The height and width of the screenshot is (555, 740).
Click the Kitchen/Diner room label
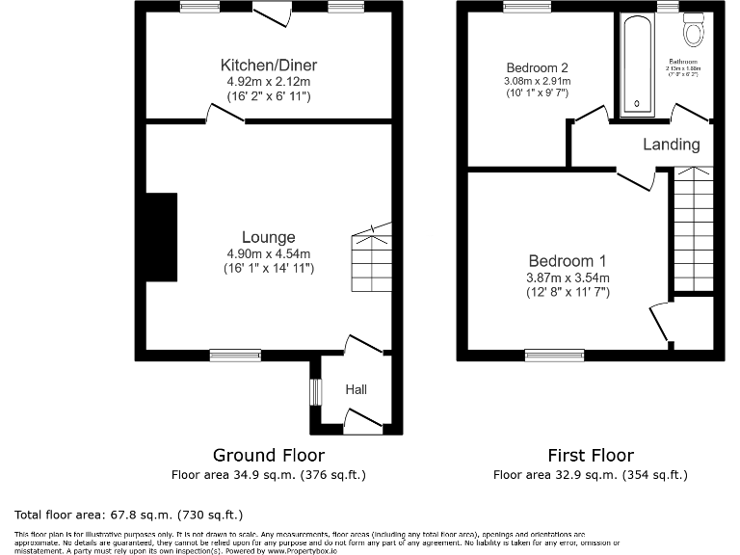(269, 66)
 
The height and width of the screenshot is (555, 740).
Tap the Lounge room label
(268, 237)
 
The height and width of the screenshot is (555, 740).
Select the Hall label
(357, 389)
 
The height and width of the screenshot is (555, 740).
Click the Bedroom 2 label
(537, 68)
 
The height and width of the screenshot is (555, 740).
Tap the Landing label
(671, 145)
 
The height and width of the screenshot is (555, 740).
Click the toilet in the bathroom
(692, 32)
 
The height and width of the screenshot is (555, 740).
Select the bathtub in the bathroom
(637, 64)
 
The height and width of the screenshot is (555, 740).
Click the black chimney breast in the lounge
(161, 237)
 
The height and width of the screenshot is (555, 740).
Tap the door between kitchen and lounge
(225, 114)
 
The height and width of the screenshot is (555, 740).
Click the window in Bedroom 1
(554, 355)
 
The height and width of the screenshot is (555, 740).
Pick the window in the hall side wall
(313, 392)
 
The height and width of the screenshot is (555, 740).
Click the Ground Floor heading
(268, 455)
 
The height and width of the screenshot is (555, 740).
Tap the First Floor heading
(590, 455)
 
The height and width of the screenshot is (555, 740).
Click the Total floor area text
(128, 515)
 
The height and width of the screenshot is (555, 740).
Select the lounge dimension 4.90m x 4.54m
(268, 253)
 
